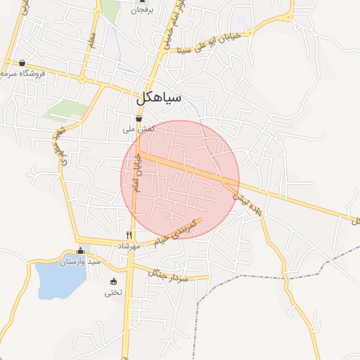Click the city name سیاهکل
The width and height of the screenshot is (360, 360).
pyautogui.click(x=158, y=98)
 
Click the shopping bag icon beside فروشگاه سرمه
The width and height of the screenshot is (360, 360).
pyautogui.click(x=22, y=63)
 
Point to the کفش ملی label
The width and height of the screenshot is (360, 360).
pyautogui.click(x=139, y=129)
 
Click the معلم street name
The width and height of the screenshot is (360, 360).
pyautogui.click(x=91, y=39)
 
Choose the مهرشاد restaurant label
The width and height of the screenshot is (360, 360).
pyautogui.click(x=129, y=246)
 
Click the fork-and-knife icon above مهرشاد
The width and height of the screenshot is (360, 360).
pyautogui.click(x=129, y=235)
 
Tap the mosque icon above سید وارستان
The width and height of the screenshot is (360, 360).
pyautogui.click(x=80, y=250)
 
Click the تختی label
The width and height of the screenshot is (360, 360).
pyautogui.click(x=113, y=292)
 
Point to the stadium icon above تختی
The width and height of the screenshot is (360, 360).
pyautogui.click(x=113, y=282)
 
